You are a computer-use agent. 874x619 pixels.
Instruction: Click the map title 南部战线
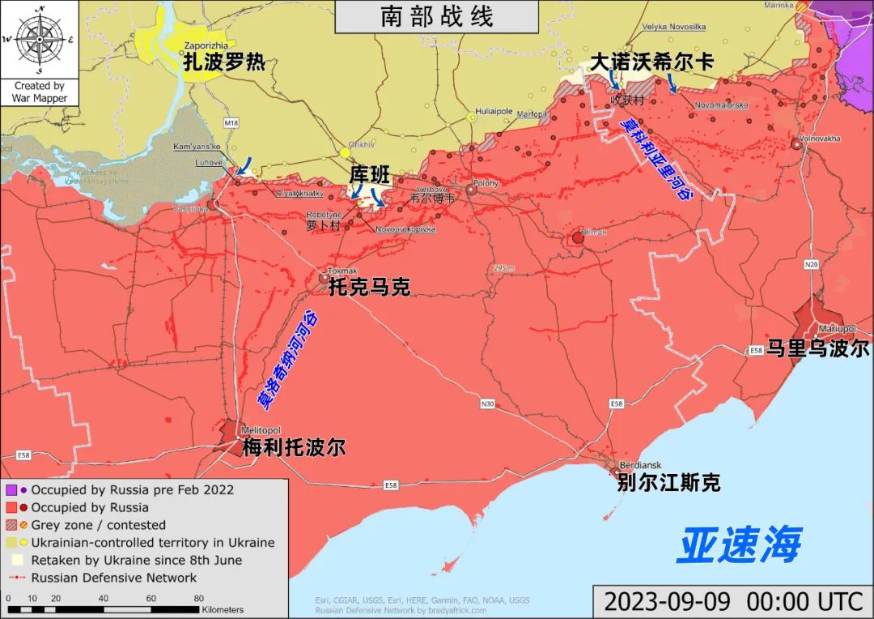click(x=437, y=17)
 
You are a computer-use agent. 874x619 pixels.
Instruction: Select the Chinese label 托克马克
click(x=369, y=286)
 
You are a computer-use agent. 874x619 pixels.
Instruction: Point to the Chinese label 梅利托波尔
click(x=294, y=447)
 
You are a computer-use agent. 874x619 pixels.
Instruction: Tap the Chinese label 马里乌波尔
click(x=817, y=348)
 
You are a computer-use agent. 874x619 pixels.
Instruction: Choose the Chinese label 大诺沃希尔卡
click(x=651, y=62)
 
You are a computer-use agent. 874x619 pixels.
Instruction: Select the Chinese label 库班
click(x=370, y=173)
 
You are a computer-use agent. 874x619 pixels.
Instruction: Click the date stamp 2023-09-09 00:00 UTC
click(x=732, y=601)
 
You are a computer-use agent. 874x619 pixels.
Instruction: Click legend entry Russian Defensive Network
click(x=113, y=578)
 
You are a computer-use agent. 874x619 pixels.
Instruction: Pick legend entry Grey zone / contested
click(x=98, y=525)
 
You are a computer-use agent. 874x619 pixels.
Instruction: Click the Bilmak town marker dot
click(x=578, y=238)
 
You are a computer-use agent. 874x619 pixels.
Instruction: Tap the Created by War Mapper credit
click(x=40, y=92)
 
